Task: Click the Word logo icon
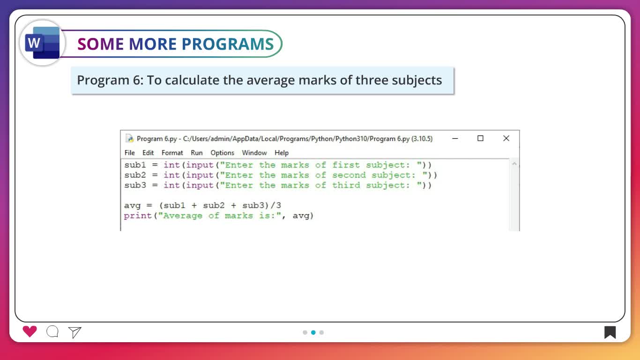pos(42,43)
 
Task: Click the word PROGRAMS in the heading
pos(228,44)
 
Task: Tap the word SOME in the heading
pos(101,44)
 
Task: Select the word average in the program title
pos(271,80)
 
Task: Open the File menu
pos(129,153)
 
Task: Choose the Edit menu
pos(148,153)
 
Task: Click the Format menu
pos(172,153)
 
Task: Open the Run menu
pos(197,153)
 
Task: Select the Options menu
pos(222,153)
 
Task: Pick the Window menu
pos(254,153)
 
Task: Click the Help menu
pos(282,153)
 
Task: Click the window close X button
pos(506,138)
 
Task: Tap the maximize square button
pos(480,138)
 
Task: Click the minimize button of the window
pos(455,139)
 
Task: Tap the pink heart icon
pos(30,331)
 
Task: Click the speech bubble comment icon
pos(52,331)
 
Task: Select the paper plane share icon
pos(75,332)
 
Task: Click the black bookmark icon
pos(610,332)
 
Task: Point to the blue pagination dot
pos(313,332)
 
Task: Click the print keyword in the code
pos(138,216)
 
